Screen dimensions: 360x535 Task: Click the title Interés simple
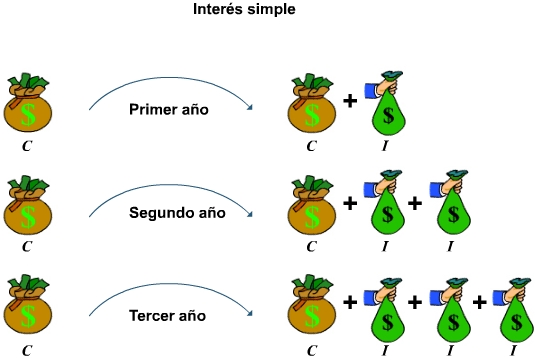pos(244,11)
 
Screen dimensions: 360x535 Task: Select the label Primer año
pos(169,109)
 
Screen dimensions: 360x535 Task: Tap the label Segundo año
pos(177,212)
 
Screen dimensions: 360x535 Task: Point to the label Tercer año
pos(168,316)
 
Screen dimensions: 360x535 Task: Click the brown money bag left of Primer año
pos(28,104)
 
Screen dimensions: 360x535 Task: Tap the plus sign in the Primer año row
pos(350,101)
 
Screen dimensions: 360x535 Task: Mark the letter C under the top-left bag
pos(28,144)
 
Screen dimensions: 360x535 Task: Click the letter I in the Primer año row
pos(386,146)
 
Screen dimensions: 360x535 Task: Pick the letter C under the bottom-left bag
pos(28,350)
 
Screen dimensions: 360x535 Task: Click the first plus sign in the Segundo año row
pos(350,204)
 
